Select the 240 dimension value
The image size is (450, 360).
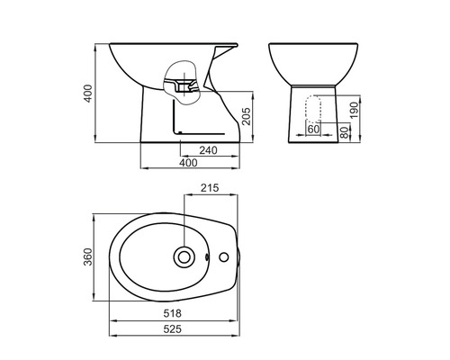coord(209,150)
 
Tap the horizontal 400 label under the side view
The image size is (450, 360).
coord(187,163)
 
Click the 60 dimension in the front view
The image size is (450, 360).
coord(314,130)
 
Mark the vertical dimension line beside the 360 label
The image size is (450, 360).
coord(98,258)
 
